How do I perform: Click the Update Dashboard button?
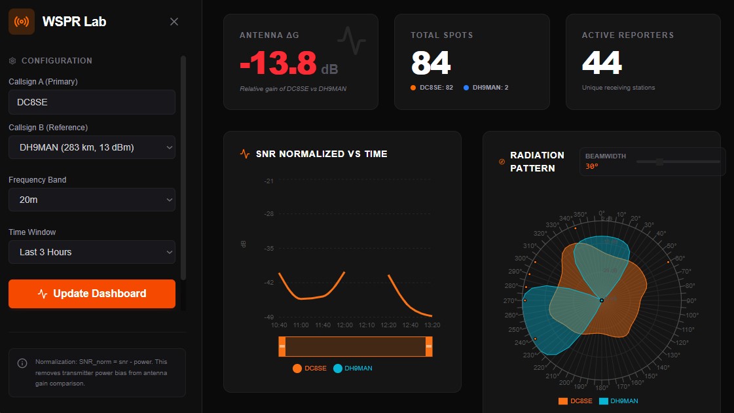coord(92,294)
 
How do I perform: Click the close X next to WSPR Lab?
coord(174,22)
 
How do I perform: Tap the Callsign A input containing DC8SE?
coord(92,102)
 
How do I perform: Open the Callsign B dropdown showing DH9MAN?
coord(92,147)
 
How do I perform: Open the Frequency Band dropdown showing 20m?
coord(92,200)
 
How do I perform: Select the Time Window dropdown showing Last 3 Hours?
coord(92,252)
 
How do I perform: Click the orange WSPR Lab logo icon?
coord(22,22)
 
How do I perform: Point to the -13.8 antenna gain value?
coord(278,63)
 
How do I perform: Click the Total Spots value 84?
coord(431,63)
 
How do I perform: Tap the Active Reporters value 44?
coord(602,63)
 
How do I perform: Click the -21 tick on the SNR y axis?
coord(268,181)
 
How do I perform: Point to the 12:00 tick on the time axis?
coord(344,325)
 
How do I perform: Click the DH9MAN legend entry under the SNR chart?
coord(353,368)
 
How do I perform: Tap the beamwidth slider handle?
coord(659,162)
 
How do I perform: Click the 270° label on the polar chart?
coord(509,300)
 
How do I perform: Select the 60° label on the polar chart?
coord(680,259)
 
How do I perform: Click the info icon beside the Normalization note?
coord(22,363)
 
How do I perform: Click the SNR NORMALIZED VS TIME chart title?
coord(321,154)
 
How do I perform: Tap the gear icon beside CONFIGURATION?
coord(12,61)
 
